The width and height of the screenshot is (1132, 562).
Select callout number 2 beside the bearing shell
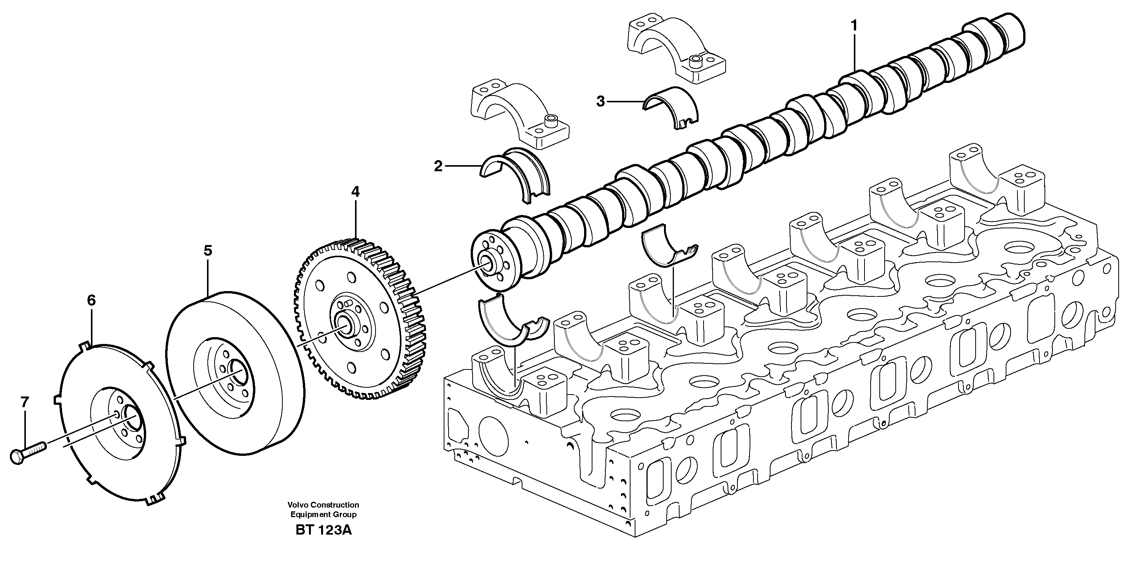point(438,167)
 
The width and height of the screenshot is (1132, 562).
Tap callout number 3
point(600,102)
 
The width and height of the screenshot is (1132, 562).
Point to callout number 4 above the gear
point(355,192)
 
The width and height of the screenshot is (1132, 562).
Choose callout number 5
point(208,251)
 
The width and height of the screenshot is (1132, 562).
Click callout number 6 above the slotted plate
point(91,301)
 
